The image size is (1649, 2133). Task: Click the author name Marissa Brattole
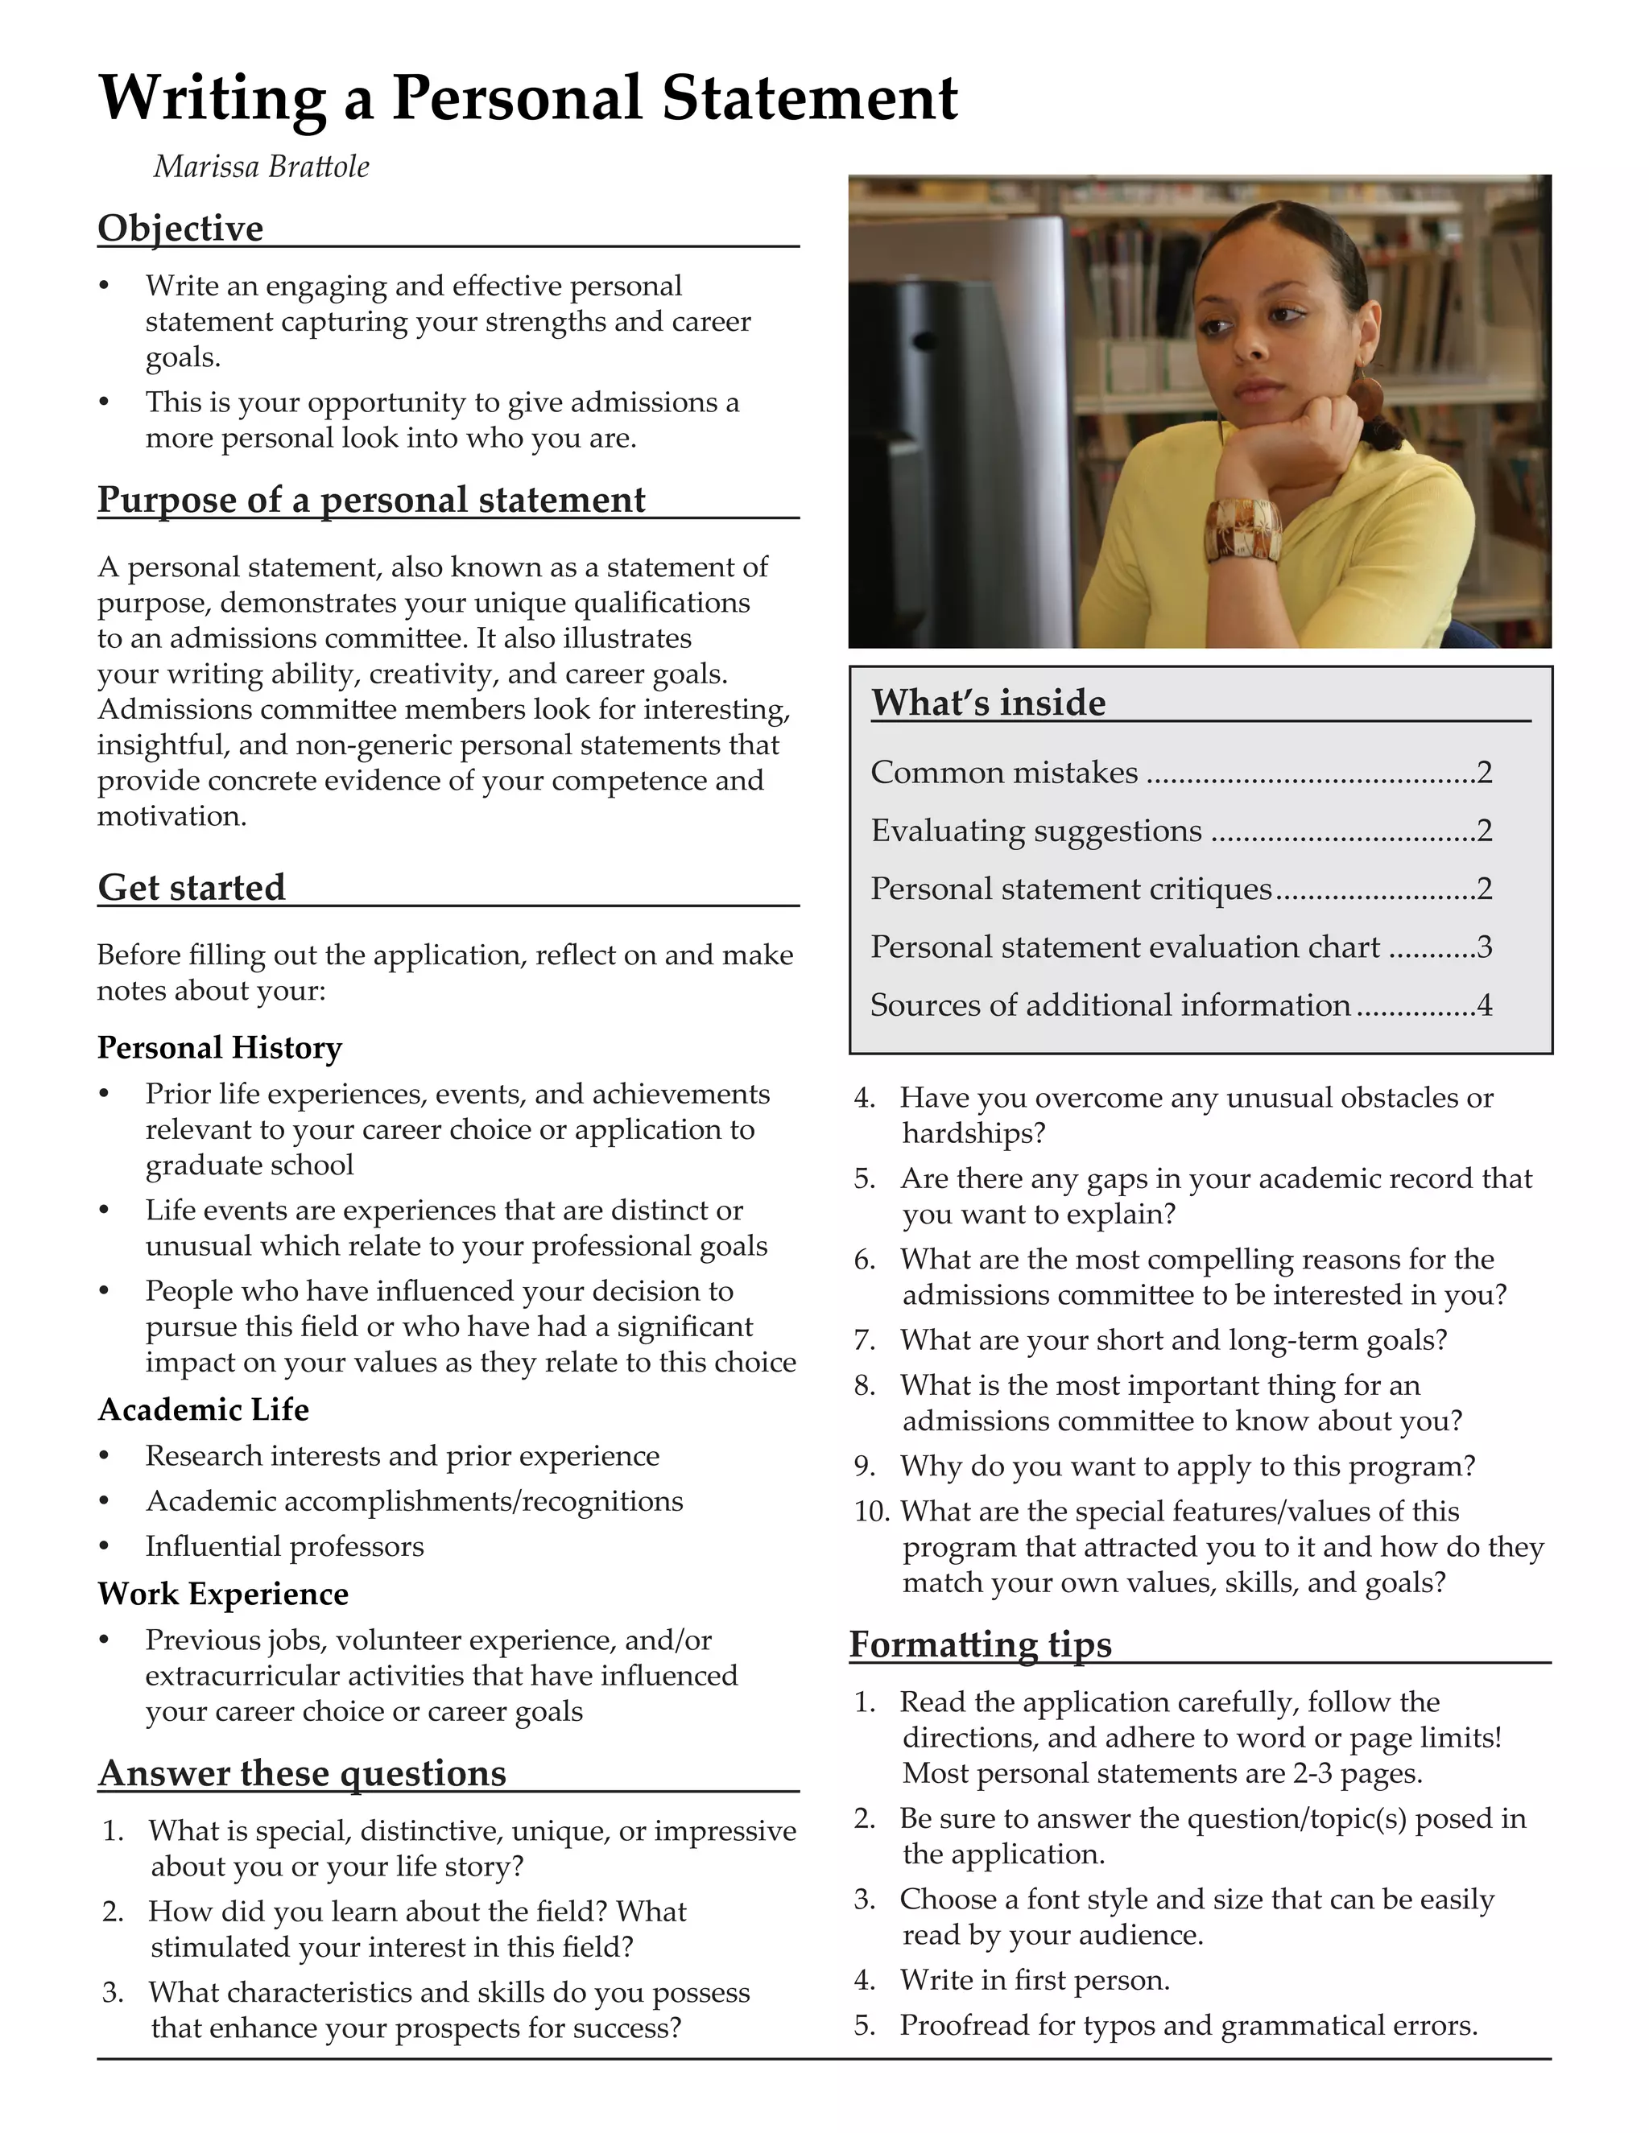click(261, 167)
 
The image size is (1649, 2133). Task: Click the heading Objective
click(180, 228)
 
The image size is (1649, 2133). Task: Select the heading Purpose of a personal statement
click(371, 499)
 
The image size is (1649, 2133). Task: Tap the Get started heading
click(192, 887)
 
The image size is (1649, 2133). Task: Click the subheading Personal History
click(220, 1047)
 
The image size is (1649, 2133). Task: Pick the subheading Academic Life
click(203, 1409)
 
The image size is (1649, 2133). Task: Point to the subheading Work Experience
click(223, 1593)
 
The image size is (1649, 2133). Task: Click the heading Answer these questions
click(303, 1772)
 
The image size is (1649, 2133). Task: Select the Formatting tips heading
click(980, 1644)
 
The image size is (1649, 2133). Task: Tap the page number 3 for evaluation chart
click(1485, 947)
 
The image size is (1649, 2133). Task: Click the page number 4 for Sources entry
click(1485, 1005)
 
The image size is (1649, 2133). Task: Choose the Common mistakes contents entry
click(1004, 773)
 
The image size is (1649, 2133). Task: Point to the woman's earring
click(1366, 394)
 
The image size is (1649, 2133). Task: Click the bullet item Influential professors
click(284, 1546)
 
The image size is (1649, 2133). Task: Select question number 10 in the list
click(870, 1512)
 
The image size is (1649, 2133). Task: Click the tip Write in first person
click(1035, 1980)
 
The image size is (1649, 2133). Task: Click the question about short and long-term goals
click(1172, 1339)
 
